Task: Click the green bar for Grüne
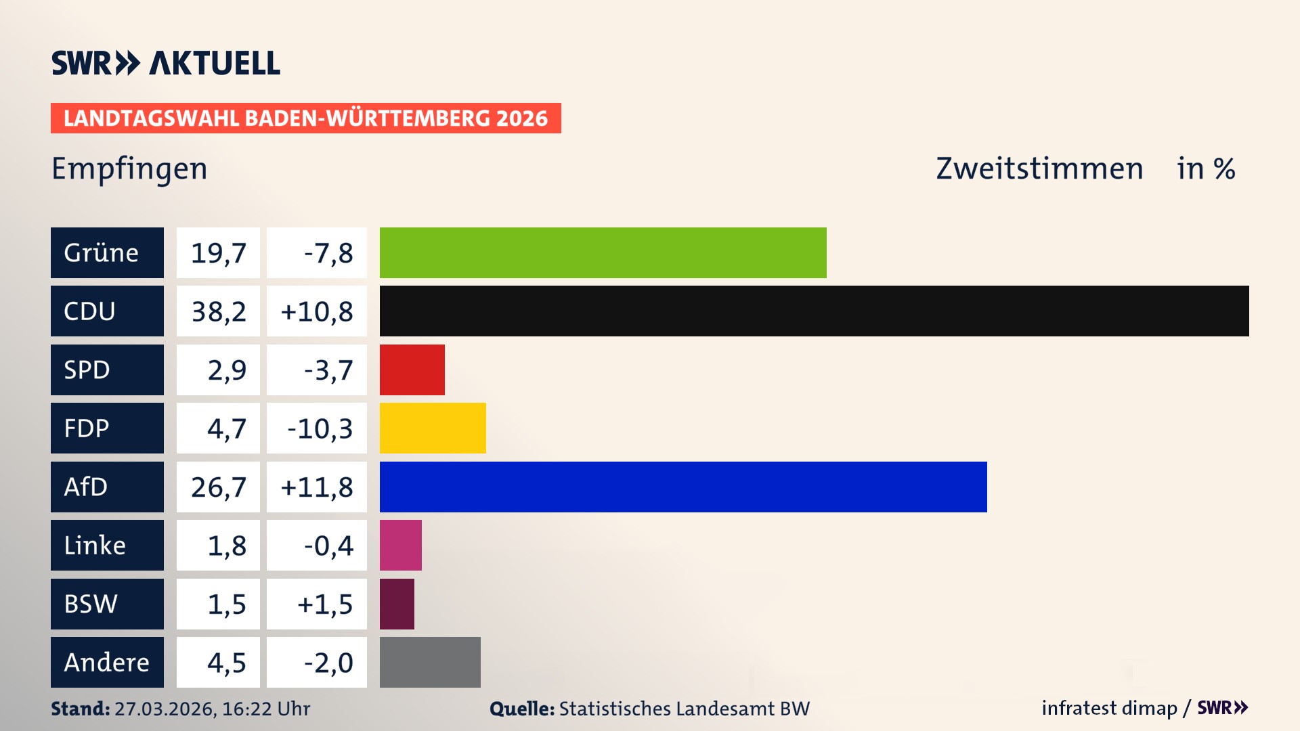point(603,252)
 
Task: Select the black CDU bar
point(814,311)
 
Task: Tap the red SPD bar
point(412,370)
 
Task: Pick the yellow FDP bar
point(433,428)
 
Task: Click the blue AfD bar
point(683,487)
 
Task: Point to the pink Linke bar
point(400,545)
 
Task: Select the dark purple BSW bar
point(397,604)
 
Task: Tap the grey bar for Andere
point(430,662)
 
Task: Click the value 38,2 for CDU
point(218,311)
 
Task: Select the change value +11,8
point(317,487)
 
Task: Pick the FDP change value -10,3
point(320,428)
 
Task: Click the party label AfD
point(86,487)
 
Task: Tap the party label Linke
point(95,545)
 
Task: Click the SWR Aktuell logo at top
point(166,63)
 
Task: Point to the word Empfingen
point(129,169)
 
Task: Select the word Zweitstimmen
point(1039,169)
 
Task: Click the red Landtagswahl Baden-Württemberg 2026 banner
point(305,118)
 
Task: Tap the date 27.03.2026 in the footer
point(165,709)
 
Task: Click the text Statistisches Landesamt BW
point(684,709)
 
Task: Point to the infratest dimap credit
point(1109,708)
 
